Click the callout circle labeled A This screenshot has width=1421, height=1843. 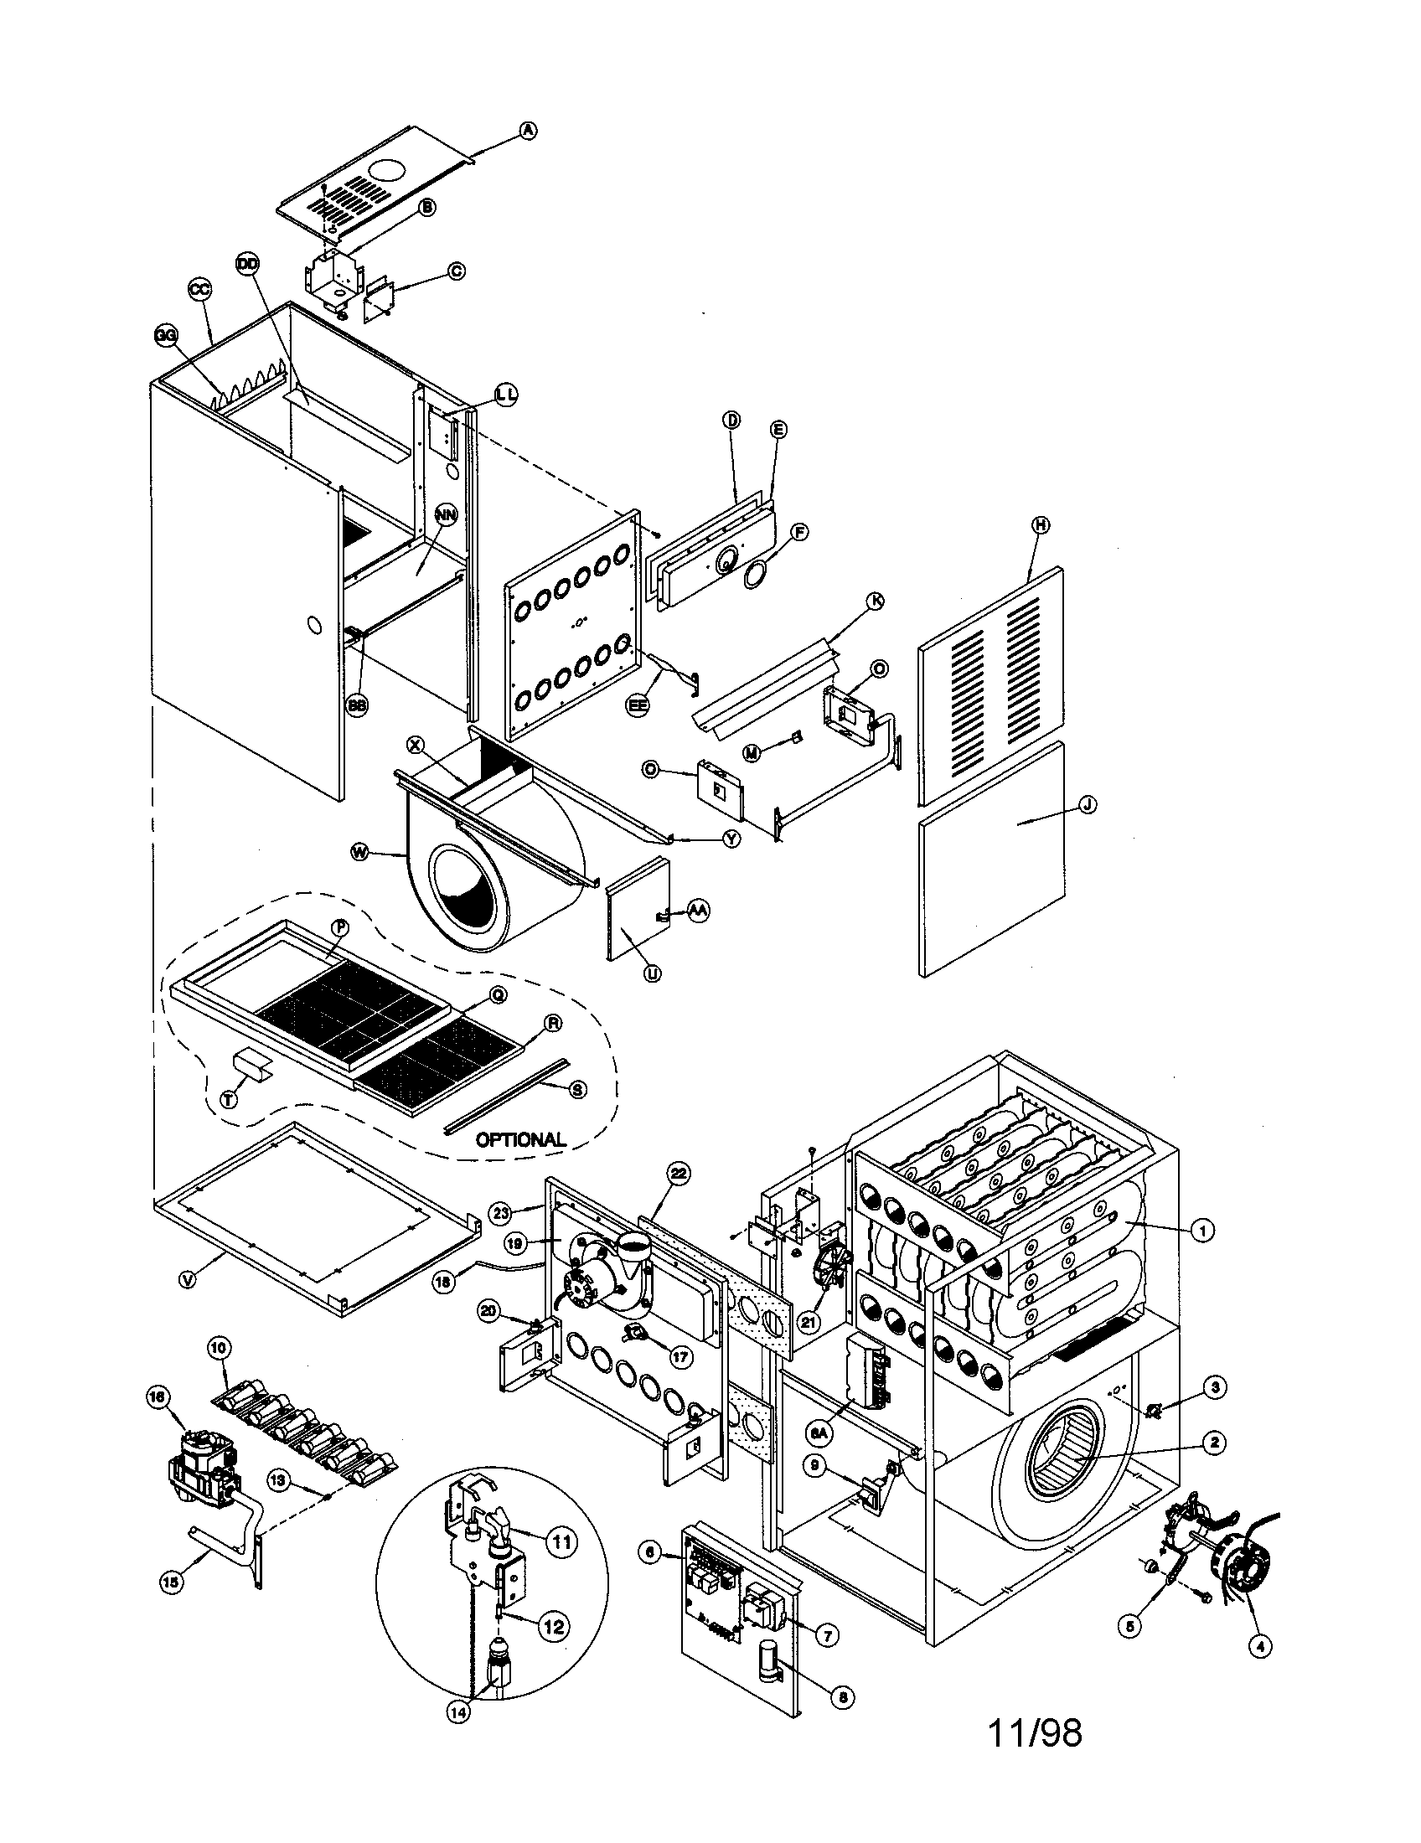pos(527,130)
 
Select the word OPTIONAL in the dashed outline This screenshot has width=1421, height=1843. pos(520,1139)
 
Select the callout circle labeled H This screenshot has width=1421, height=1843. pos(1041,524)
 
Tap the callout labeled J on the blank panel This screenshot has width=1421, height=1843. pos(1088,805)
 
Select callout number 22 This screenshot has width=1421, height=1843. pos(678,1173)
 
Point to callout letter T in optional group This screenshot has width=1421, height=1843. pos(229,1099)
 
